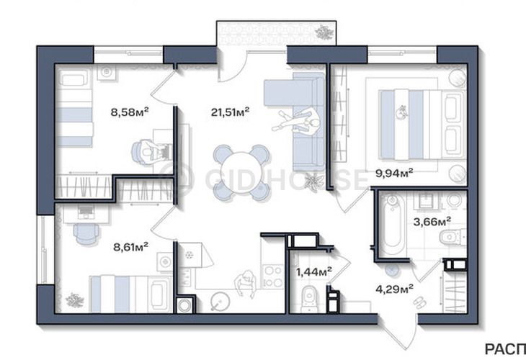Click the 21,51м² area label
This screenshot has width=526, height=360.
click(x=230, y=112)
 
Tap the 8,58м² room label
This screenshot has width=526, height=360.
click(x=130, y=112)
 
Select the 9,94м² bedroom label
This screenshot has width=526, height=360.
click(x=394, y=173)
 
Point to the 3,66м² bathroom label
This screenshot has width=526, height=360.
click(x=432, y=221)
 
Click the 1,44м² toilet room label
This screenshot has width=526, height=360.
click(x=314, y=271)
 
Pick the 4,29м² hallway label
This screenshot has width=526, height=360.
click(x=394, y=289)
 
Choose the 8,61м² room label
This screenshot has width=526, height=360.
click(x=131, y=248)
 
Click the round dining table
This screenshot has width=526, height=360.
click(x=241, y=173)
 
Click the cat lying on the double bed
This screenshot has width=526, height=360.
click(x=401, y=112)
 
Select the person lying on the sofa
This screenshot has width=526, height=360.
click(x=296, y=122)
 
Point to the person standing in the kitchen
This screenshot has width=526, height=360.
click(x=245, y=283)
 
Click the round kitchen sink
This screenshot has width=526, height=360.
click(x=220, y=301)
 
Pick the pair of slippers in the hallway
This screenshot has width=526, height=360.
click(x=419, y=302)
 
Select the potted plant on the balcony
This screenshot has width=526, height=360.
click(x=324, y=32)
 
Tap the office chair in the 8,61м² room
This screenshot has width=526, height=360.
click(x=86, y=233)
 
